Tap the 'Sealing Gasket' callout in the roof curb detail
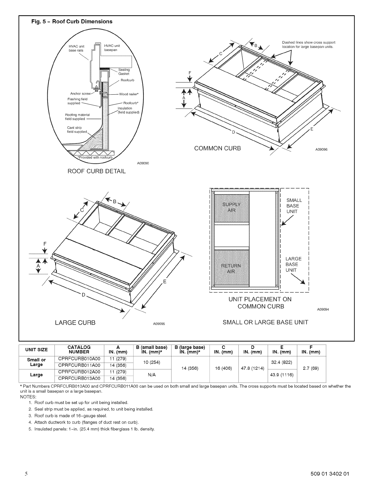(124, 72)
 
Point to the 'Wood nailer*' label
(129, 94)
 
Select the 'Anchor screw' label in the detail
(80, 93)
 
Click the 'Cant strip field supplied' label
(77, 129)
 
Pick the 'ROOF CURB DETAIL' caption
(97, 171)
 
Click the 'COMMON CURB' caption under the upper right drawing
(218, 148)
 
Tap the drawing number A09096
(322, 149)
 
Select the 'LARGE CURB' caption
(75, 322)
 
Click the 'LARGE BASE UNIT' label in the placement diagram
(294, 265)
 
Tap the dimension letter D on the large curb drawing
(83, 294)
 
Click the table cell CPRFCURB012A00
(79, 372)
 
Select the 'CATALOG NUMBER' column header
(79, 350)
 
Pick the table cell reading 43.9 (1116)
(281, 375)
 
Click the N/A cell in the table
(152, 375)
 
